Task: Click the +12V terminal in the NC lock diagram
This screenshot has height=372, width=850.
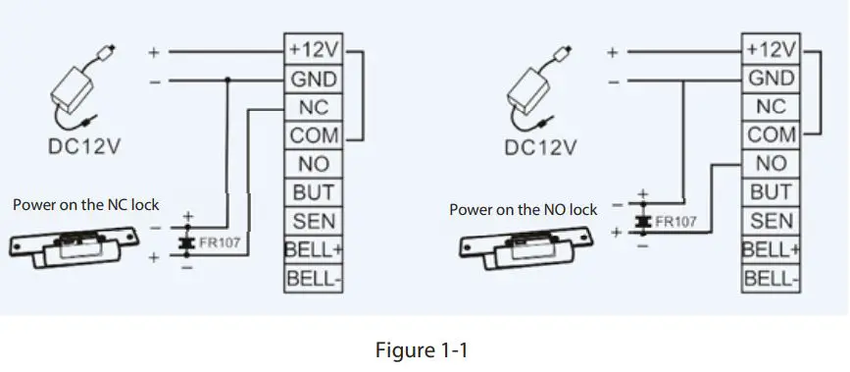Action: point(313,49)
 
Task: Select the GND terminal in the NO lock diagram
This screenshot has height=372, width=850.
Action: point(772,78)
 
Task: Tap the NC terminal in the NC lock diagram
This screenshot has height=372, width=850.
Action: point(313,106)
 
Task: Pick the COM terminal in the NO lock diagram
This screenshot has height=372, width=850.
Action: point(772,134)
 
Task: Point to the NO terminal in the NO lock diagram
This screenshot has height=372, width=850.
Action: point(772,163)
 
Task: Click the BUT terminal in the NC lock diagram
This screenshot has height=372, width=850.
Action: point(313,192)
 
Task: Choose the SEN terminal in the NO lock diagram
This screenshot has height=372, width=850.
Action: point(772,222)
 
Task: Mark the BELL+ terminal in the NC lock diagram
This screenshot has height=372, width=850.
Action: point(313,249)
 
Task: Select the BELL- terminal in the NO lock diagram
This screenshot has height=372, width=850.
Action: point(772,279)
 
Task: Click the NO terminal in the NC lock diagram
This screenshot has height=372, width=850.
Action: point(313,164)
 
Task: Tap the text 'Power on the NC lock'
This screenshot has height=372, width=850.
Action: point(85,206)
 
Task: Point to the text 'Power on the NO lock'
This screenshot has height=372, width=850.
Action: point(524,209)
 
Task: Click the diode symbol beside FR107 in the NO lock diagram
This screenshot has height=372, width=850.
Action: point(642,222)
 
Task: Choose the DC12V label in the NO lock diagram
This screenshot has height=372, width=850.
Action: point(540,148)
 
